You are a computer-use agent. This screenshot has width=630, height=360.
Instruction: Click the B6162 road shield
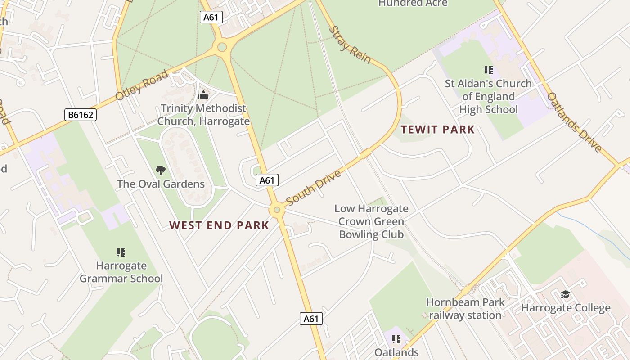pyautogui.click(x=81, y=115)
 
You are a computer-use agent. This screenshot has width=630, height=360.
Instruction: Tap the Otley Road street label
pyautogui.click(x=141, y=85)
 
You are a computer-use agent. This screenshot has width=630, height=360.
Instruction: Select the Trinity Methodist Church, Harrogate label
pyautogui.click(x=203, y=115)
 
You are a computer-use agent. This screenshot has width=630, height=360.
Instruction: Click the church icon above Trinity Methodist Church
pyautogui.click(x=203, y=95)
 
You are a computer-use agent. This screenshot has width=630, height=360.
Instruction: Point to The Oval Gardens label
pyautogui.click(x=161, y=184)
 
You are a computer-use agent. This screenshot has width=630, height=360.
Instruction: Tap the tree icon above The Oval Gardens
pyautogui.click(x=161, y=170)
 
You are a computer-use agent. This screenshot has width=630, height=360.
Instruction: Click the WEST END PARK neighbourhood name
pyautogui.click(x=219, y=225)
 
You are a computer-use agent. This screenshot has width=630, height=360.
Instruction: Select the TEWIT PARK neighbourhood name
pyautogui.click(x=437, y=130)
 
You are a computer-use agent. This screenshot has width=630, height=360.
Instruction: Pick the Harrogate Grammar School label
pyautogui.click(x=121, y=272)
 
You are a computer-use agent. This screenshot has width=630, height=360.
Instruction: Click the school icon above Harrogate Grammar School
pyautogui.click(x=121, y=252)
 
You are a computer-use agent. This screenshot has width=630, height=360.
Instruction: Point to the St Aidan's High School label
pyautogui.click(x=488, y=96)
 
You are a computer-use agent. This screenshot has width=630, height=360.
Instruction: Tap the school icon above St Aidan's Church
pyautogui.click(x=488, y=70)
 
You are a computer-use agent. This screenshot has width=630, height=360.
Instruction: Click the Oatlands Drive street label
pyautogui.click(x=575, y=122)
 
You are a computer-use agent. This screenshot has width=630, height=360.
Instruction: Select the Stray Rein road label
pyautogui.click(x=350, y=45)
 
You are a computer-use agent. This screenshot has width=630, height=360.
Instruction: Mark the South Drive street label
pyautogui.click(x=314, y=187)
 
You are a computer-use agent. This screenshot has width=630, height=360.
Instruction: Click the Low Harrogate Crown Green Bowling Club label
pyautogui.click(x=371, y=221)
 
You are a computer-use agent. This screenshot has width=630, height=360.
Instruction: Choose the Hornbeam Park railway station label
pyautogui.click(x=465, y=309)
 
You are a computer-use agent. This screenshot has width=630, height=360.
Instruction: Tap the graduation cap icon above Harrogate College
pyautogui.click(x=565, y=295)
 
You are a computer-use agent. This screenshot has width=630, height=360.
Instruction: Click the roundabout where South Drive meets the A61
pyautogui.click(x=277, y=210)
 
